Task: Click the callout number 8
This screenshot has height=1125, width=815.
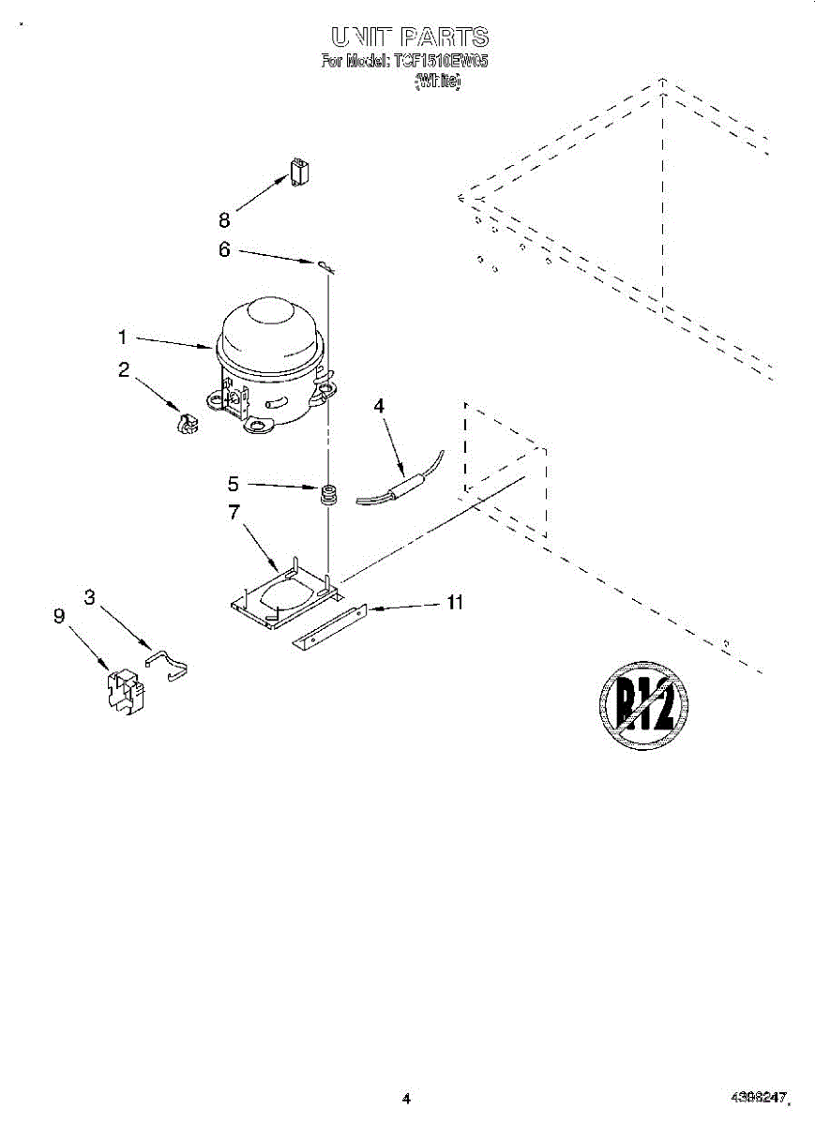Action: [x=224, y=221]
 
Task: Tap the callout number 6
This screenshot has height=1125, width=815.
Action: [x=224, y=250]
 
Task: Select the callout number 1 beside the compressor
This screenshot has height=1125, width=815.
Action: [x=123, y=336]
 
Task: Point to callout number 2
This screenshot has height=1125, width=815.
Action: [x=123, y=370]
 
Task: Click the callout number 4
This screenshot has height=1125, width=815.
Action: [x=379, y=406]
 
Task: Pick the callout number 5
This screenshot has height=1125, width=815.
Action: [x=234, y=485]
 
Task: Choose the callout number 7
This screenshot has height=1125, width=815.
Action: [x=234, y=512]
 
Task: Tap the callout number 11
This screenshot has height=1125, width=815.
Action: [x=455, y=603]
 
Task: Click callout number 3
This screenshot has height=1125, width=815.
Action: [x=90, y=596]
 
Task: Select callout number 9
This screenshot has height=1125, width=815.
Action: [x=59, y=616]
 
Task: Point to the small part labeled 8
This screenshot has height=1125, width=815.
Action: [x=300, y=172]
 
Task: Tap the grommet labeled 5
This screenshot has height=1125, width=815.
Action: [x=328, y=494]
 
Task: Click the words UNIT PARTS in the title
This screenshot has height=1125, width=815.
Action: [x=409, y=37]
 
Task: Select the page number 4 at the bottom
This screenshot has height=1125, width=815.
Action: [x=406, y=1098]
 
